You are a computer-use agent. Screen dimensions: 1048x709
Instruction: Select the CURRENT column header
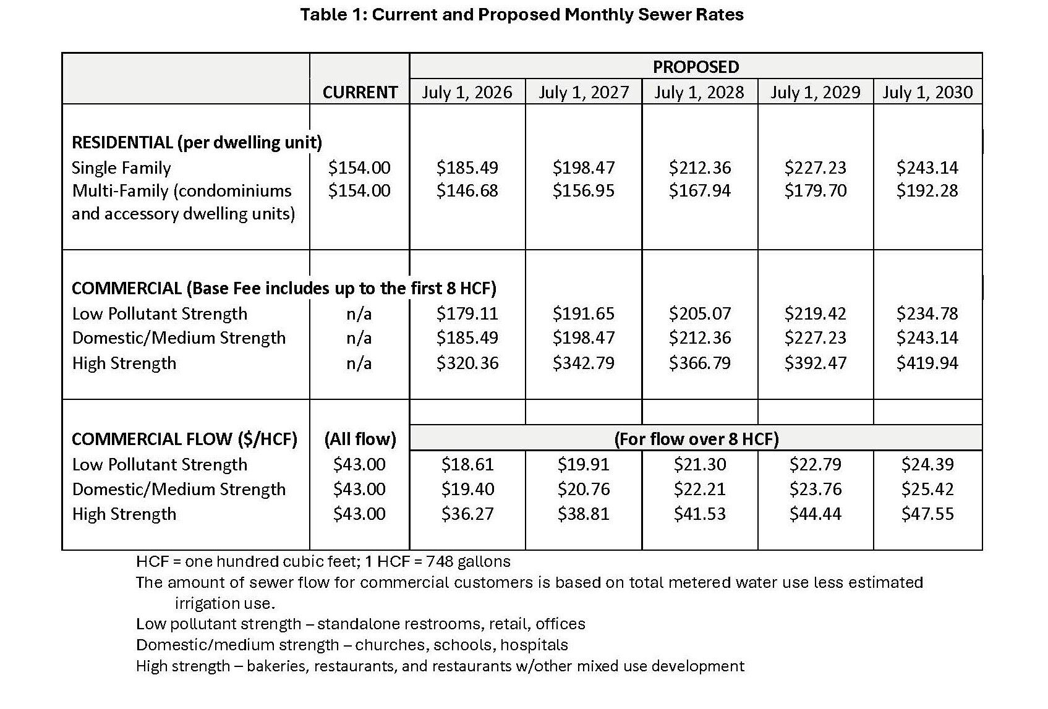(x=360, y=92)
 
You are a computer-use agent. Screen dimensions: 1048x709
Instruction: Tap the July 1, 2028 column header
(x=699, y=92)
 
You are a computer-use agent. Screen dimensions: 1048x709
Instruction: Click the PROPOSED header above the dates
(x=696, y=67)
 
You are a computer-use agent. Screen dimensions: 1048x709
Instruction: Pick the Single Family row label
(x=121, y=168)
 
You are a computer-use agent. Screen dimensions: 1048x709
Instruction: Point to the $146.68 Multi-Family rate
(x=467, y=190)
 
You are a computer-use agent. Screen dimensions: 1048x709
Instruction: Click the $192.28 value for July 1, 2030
(x=927, y=190)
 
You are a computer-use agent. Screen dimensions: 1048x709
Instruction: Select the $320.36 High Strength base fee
(x=467, y=363)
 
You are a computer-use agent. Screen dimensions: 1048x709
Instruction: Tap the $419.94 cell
(x=927, y=363)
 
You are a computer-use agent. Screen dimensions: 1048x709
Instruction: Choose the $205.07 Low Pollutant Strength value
(x=699, y=313)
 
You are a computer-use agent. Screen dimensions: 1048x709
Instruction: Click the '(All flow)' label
(x=360, y=439)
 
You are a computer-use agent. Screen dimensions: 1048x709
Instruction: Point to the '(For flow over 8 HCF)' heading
(x=696, y=439)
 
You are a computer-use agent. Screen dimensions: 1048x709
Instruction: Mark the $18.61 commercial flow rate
(x=467, y=464)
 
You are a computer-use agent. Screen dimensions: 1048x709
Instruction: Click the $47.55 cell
(x=927, y=514)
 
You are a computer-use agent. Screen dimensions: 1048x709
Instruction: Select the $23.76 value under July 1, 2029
(x=815, y=489)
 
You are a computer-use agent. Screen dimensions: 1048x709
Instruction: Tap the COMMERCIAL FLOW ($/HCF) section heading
(x=184, y=439)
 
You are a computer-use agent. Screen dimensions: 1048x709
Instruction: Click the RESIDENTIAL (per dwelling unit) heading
(x=197, y=143)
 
